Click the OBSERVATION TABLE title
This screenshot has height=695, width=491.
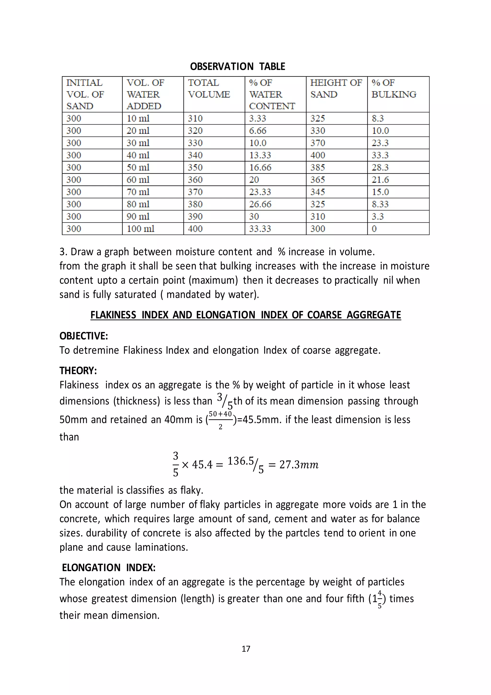click(x=237, y=66)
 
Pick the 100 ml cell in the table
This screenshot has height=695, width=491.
click(x=140, y=229)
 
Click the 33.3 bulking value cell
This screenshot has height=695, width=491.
click(x=380, y=155)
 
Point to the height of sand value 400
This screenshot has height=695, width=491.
click(x=317, y=155)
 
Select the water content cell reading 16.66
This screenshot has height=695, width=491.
click(x=260, y=168)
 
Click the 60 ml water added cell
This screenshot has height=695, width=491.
click(x=138, y=180)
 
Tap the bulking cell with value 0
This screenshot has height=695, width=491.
click(x=374, y=229)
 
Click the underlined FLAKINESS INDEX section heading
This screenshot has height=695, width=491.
click(x=245, y=315)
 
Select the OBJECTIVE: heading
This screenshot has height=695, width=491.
click(x=83, y=336)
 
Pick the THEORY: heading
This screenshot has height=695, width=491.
click(x=78, y=371)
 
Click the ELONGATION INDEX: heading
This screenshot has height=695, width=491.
click(x=109, y=568)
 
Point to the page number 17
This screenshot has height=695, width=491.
click(x=246, y=649)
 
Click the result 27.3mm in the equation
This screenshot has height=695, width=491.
click(x=298, y=465)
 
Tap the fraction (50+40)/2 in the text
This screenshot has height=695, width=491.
click(x=220, y=419)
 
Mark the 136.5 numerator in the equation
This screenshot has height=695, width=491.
click(x=240, y=461)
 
